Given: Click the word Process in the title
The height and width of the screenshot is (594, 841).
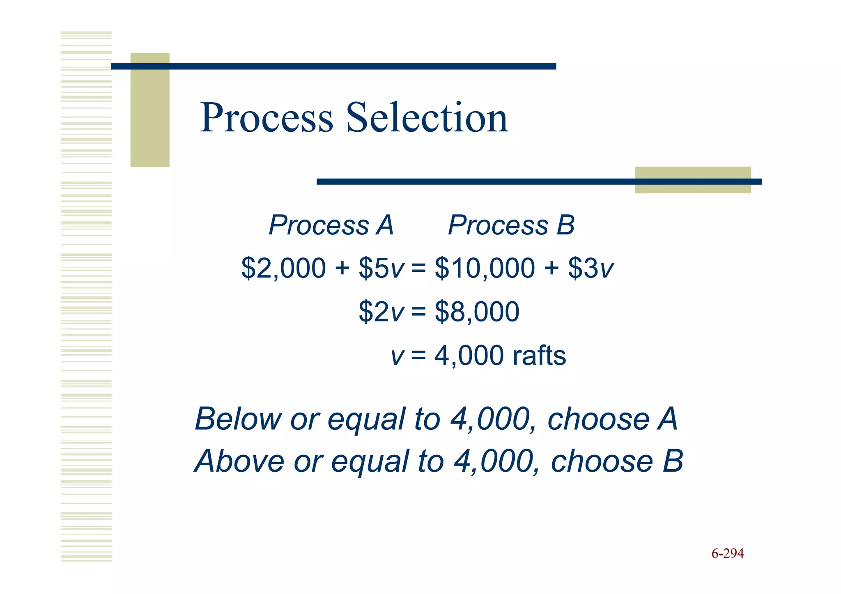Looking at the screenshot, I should (266, 118).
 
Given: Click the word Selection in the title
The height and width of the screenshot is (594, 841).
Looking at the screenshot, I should (427, 118).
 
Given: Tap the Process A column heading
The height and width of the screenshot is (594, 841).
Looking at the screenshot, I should (331, 225).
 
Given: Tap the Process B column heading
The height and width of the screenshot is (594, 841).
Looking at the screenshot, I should (511, 225).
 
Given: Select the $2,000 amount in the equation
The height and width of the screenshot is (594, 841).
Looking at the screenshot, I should (283, 268).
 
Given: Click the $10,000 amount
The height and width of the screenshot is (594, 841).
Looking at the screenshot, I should (485, 268).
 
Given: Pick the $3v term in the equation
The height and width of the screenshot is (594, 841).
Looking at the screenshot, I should (591, 268).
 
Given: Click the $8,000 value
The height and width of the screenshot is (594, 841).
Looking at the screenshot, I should (477, 312).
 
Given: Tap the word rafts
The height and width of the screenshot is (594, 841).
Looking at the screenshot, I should (539, 355).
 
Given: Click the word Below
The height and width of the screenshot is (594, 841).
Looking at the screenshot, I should (238, 419).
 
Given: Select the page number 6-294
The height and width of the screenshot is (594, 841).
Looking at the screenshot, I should (727, 553).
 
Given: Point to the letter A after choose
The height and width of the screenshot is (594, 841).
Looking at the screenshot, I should (667, 419).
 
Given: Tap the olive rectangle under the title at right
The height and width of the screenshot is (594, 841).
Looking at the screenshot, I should (693, 180).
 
